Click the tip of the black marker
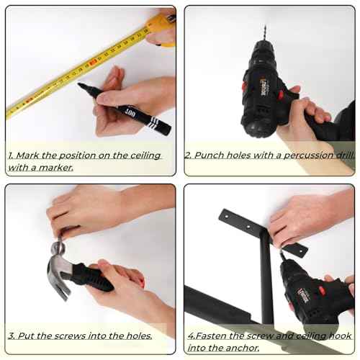point(78,84)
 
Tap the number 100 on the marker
point(130,112)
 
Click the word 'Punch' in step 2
point(209,156)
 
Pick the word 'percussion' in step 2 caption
point(309,156)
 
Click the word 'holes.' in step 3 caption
point(139,336)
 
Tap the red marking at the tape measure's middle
point(93,63)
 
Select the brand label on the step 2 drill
point(264,87)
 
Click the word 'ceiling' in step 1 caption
point(145,156)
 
